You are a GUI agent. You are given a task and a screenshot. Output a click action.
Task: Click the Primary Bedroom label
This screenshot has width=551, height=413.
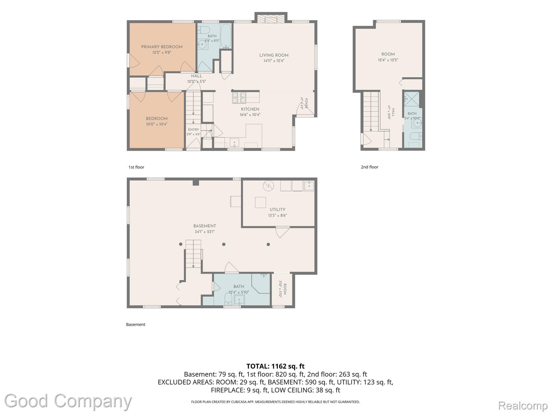162,47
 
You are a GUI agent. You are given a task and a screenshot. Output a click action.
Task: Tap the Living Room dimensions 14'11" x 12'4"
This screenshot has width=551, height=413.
274,61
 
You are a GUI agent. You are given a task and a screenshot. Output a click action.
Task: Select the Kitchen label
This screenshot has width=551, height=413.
250,109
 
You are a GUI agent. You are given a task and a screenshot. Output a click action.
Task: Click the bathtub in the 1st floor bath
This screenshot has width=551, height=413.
226,37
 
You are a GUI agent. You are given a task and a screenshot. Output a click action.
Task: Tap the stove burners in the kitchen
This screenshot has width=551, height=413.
239,98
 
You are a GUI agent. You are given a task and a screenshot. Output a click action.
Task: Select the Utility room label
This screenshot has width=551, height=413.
277,209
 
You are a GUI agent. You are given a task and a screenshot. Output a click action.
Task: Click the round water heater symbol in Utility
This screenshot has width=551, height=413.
268,186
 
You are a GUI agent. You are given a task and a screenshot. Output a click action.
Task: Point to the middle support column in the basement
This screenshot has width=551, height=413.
224,244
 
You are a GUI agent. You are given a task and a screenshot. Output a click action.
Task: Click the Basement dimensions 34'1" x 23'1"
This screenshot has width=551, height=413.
205,232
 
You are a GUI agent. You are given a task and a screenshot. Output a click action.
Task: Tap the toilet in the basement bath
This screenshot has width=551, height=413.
228,299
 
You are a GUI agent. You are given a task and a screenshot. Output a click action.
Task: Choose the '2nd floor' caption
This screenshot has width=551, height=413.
369,167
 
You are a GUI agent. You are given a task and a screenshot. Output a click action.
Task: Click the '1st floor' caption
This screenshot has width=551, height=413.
136,167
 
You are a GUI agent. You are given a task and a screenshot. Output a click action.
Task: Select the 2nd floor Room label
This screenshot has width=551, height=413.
388,54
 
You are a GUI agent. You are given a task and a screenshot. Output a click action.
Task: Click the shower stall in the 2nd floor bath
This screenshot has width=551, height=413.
411,99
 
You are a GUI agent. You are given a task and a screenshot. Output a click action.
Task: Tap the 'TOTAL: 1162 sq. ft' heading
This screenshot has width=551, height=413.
275,366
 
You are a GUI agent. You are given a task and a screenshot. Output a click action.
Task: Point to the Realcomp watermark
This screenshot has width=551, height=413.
523,405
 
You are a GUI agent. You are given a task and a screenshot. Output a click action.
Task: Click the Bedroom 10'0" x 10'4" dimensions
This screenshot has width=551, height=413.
157,124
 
